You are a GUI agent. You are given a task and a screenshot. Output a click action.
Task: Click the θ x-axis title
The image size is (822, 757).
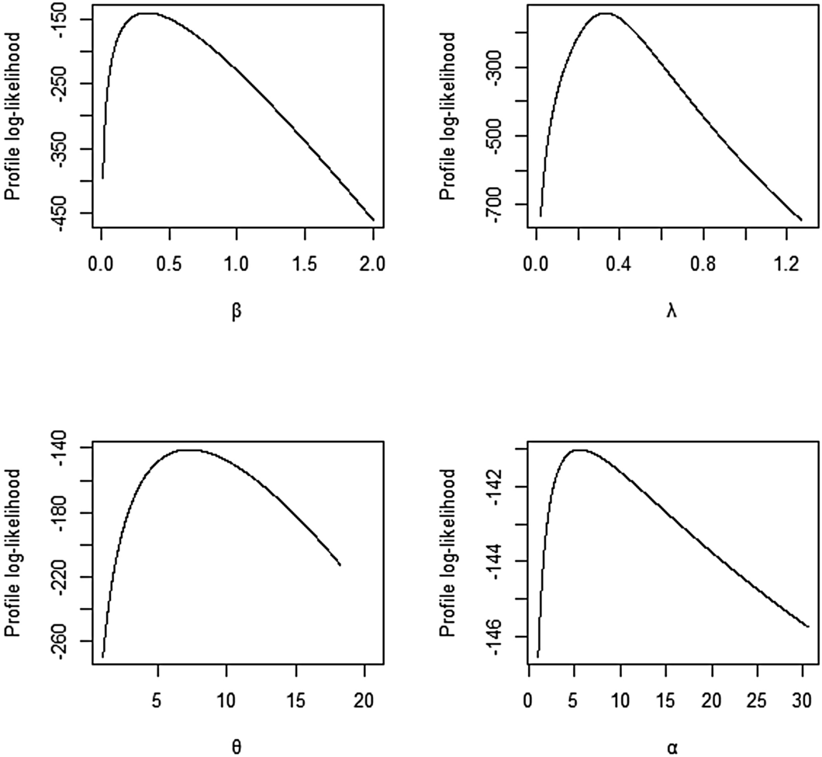[x=238, y=748]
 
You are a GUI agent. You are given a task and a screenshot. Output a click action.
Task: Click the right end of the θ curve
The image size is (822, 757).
[x=340, y=564]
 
